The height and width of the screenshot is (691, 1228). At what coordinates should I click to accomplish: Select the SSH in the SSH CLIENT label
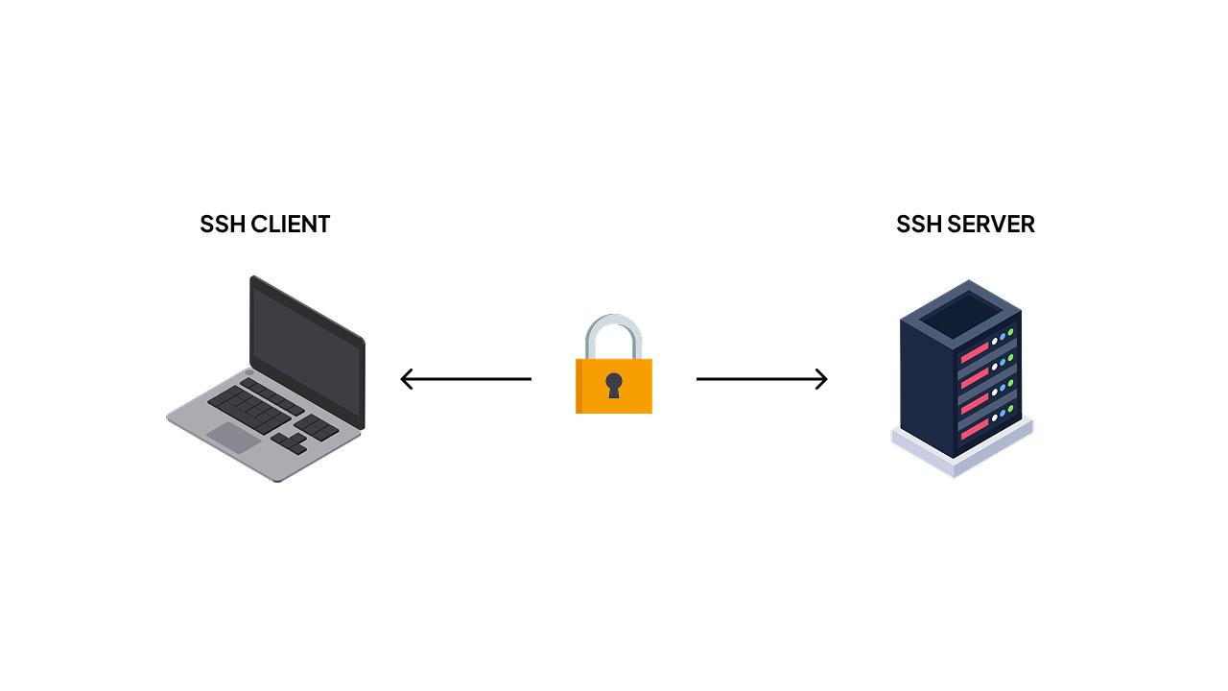223,224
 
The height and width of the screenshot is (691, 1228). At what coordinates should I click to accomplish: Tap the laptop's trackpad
233,438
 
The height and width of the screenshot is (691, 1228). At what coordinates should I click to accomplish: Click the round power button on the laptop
249,372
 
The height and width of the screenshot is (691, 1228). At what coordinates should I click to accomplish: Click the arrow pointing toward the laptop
466,379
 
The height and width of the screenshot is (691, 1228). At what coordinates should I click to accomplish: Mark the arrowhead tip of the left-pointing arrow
403,379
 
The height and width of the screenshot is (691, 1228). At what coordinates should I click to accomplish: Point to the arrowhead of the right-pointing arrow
824,379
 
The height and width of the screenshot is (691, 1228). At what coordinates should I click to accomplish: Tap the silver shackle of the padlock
614,331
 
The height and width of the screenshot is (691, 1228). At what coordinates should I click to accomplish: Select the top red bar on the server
975,352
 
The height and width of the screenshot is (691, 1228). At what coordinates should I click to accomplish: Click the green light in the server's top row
1010,333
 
